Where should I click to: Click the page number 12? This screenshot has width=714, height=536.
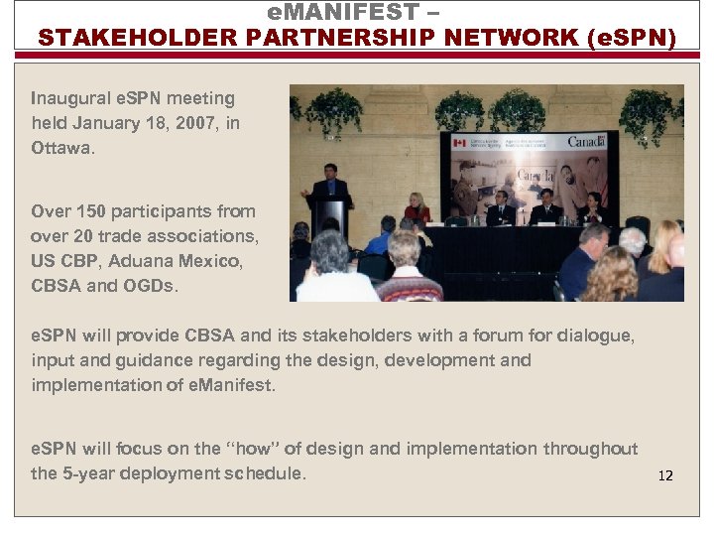(664, 475)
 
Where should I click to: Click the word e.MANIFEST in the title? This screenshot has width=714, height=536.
(340, 13)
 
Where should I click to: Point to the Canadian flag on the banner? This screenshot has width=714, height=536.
(459, 144)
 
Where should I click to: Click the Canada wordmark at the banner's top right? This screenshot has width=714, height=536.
(585, 141)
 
